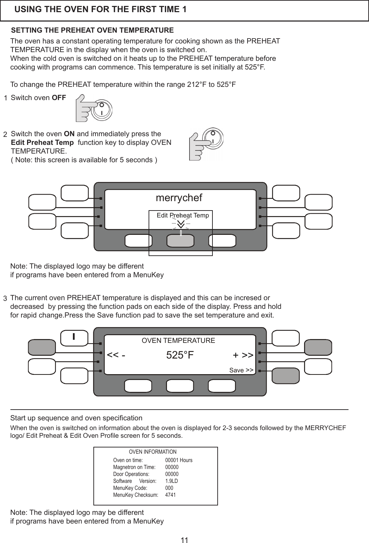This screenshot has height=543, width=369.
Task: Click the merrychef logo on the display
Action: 179,198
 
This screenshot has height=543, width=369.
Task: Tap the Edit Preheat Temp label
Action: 183,215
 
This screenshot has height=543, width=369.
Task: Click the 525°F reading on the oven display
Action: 180,355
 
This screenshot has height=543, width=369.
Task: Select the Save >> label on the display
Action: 241,370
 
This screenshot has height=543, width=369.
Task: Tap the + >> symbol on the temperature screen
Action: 243,355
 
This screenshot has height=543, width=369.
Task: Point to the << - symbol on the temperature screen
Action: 116,355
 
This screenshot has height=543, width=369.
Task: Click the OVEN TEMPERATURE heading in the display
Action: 178,340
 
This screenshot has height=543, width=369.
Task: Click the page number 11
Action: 184,540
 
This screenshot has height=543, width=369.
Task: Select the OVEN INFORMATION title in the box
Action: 152,452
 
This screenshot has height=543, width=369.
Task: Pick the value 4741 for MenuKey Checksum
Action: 170,495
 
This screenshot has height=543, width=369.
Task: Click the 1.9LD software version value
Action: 171,481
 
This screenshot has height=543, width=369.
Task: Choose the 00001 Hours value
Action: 178,460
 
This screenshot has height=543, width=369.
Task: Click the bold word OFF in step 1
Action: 59,98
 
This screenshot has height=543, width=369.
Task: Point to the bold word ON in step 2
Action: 69,134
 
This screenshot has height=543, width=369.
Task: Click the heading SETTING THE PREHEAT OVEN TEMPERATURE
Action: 93,30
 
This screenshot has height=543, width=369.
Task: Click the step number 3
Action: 5,298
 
